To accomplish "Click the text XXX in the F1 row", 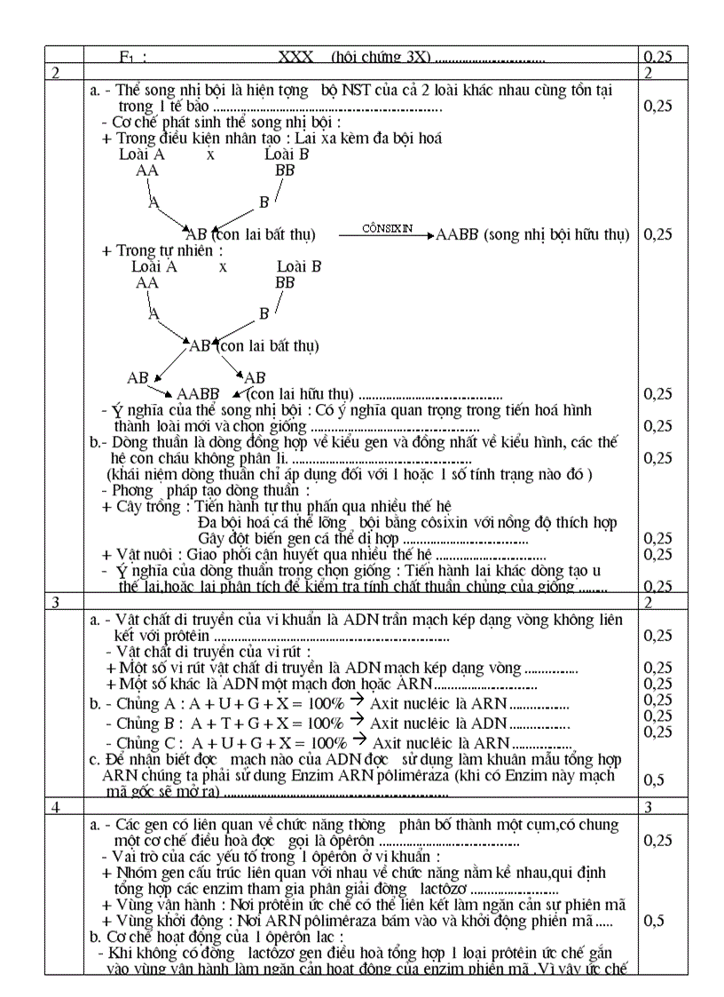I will (x=295, y=57).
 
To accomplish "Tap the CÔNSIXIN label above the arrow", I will (x=388, y=228).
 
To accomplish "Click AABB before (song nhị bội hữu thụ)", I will (x=458, y=235).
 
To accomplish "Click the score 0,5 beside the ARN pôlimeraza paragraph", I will (x=653, y=779).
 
